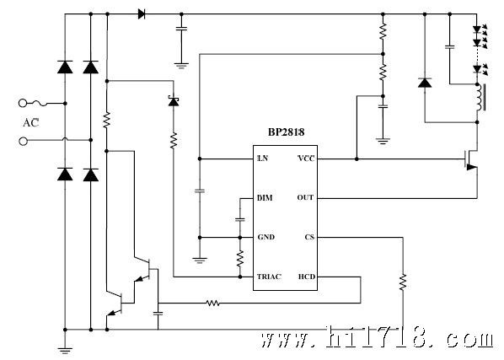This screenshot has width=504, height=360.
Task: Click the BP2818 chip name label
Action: click(x=286, y=132)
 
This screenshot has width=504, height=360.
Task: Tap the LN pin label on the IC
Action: click(x=263, y=159)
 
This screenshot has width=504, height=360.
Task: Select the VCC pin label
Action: click(x=306, y=159)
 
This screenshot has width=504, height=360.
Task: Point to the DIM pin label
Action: click(x=265, y=198)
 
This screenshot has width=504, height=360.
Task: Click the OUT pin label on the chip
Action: click(x=305, y=197)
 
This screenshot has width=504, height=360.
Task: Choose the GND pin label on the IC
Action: click(x=266, y=237)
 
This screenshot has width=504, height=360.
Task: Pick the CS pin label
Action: click(x=309, y=237)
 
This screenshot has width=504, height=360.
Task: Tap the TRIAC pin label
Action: click(x=269, y=277)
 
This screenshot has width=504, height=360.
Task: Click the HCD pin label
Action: click(x=307, y=277)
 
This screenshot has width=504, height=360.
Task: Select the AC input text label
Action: click(x=31, y=123)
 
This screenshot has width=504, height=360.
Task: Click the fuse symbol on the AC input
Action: click(x=40, y=104)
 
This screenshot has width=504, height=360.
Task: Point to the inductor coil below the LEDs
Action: click(x=480, y=98)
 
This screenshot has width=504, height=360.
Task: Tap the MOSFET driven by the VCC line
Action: click(x=470, y=159)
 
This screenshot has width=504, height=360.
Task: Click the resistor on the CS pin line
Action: click(x=403, y=282)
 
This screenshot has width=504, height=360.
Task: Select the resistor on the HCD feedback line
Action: click(x=212, y=303)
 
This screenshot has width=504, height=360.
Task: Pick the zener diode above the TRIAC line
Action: click(x=174, y=101)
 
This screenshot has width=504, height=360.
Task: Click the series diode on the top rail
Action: click(x=142, y=14)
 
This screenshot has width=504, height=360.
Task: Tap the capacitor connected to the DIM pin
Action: click(x=240, y=220)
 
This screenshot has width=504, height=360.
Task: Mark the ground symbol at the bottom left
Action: click(x=65, y=351)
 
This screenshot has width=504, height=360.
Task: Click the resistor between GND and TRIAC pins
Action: click(x=240, y=259)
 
